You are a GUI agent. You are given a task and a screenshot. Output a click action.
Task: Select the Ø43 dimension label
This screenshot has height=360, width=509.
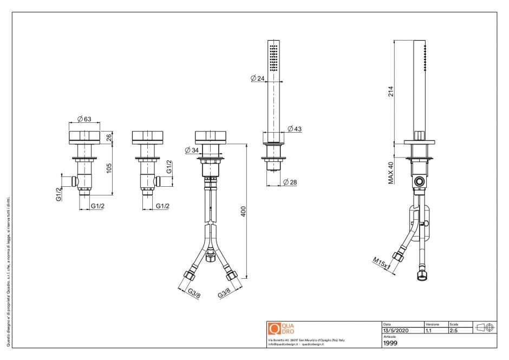click(x=295, y=129)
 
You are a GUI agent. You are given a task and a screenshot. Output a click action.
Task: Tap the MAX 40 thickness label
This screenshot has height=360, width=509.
click(x=390, y=172)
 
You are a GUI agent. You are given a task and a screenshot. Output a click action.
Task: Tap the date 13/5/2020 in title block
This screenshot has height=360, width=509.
click(x=396, y=330)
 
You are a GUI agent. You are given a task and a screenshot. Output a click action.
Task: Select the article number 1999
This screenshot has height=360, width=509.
click(x=390, y=343)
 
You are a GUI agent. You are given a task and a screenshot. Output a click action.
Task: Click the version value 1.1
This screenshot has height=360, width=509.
click(x=428, y=330)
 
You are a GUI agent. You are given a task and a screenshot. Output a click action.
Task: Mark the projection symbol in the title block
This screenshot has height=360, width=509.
click(x=484, y=327)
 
